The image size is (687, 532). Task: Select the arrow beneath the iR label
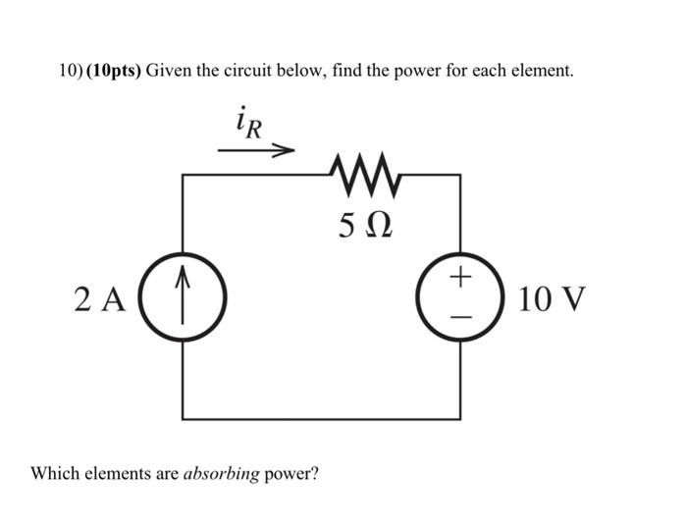coord(256,151)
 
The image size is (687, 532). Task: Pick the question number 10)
coord(68,72)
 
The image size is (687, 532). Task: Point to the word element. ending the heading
coord(543,72)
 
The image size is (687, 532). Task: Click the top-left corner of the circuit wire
coord(183,175)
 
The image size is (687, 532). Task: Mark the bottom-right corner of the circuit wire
coord(461,417)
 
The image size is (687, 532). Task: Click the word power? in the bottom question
coord(291,473)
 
